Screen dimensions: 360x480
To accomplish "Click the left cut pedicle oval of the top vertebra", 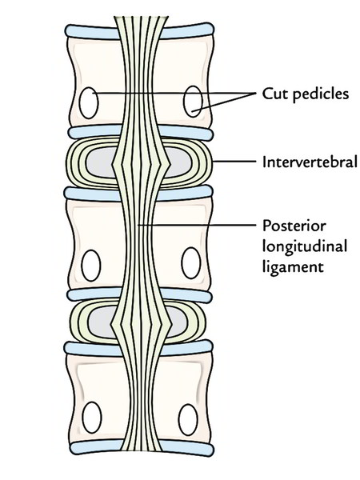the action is coord(89,103).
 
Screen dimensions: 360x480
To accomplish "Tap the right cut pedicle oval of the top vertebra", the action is coord(193,102).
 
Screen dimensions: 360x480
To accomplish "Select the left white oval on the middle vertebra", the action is coord(91,266).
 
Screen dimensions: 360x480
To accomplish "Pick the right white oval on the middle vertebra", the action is coord(191,263).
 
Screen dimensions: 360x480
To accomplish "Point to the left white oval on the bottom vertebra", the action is coord(92,418).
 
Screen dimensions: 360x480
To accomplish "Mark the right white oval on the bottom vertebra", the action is coord(188,419).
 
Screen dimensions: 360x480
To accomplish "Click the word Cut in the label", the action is coord(274,94).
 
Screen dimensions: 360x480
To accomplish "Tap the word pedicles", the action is coord(321,94).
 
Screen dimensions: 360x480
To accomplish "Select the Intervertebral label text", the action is coord(310,162).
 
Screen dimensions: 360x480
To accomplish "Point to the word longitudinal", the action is coord(305,246).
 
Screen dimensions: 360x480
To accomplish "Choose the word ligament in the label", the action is coord(293,266).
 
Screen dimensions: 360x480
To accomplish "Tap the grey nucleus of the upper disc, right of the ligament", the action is coord(180,162).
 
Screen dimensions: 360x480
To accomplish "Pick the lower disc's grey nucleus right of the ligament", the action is coord(178,322).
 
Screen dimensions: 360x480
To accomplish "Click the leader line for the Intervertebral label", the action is coord(234,162).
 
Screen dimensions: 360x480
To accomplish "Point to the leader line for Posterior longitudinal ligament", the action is coord(197,226).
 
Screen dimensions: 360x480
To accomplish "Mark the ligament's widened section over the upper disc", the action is coord(141,164).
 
